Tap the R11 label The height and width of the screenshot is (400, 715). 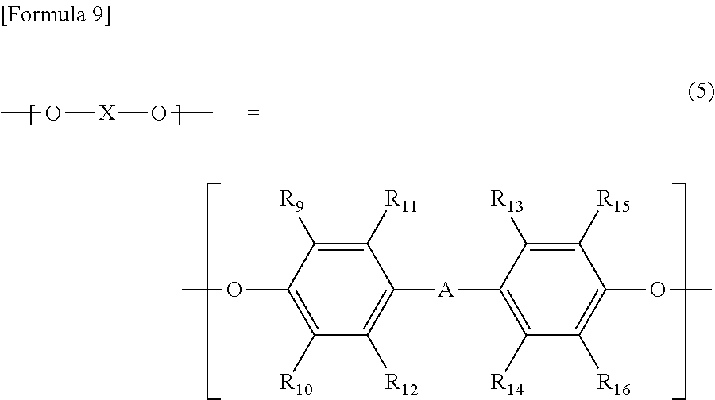400,202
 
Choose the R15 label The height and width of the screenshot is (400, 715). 613,202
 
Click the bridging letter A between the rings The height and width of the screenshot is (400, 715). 446,292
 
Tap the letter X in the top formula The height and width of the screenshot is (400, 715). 106,115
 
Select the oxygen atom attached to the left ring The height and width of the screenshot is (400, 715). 234,291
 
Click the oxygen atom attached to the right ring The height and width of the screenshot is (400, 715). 657,291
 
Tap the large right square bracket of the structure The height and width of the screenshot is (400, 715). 682,290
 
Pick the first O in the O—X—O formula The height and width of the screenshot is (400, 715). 52,115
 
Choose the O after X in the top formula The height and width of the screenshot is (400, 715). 158,115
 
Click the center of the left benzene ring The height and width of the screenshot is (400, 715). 342,291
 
